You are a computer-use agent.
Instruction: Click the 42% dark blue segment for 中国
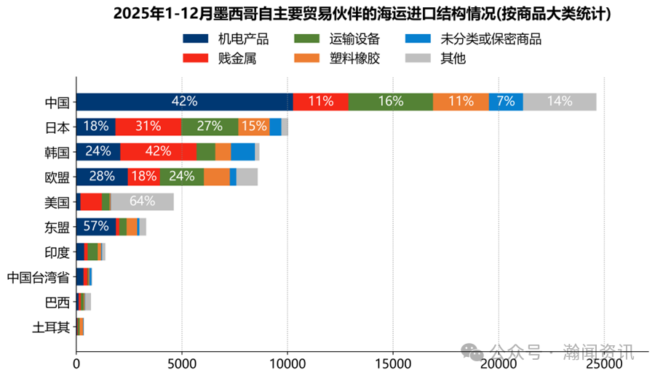[x=184, y=102]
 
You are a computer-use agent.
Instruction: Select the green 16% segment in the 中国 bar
[x=390, y=102]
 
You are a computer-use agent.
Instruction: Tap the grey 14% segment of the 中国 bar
[x=559, y=102]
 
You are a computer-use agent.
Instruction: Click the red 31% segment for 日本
[x=148, y=126]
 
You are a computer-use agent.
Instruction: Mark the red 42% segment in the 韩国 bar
[x=158, y=152]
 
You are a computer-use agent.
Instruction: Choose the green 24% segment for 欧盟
[x=181, y=177]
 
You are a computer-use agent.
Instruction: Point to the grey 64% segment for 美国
[x=142, y=201]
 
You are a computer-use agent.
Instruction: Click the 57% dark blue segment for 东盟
[x=96, y=227]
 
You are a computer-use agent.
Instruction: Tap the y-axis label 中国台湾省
[x=38, y=277]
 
